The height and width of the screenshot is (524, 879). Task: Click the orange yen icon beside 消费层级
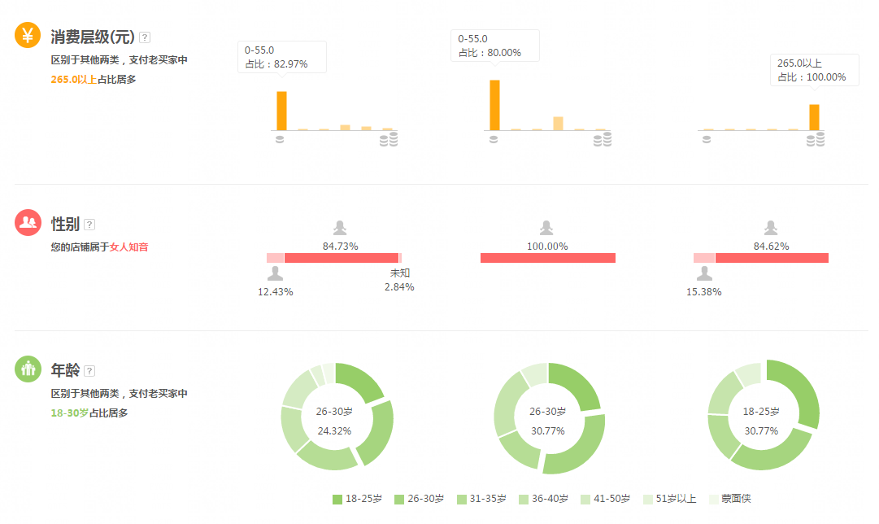pos(28,35)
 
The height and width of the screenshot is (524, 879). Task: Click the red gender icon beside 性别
pos(28,223)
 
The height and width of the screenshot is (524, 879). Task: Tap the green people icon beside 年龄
pos(28,369)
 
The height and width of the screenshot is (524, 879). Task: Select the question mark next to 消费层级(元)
pos(145,37)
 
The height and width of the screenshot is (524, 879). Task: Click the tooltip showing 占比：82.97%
pos(281,57)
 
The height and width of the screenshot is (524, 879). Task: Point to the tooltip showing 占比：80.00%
pos(494,46)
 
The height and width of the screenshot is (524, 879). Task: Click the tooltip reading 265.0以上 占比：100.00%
pos(814,70)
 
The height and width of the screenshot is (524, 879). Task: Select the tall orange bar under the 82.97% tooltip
pos(281,111)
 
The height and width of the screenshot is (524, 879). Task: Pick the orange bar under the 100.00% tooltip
pos(814,117)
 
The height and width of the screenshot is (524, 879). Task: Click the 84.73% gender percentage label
pos(340,246)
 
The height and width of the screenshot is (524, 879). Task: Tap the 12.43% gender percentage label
pos(275,291)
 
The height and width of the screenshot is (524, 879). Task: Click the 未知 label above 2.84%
pos(399,273)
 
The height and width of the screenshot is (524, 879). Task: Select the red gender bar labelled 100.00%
pos(547,258)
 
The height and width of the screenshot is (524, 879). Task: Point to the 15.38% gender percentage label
pos(703,291)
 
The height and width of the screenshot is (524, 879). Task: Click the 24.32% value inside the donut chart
pos(334,430)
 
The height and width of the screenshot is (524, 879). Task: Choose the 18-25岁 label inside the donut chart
pos(761,412)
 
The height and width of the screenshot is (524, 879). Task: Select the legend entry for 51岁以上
pos(669,499)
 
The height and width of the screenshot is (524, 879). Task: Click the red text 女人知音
pos(129,247)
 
